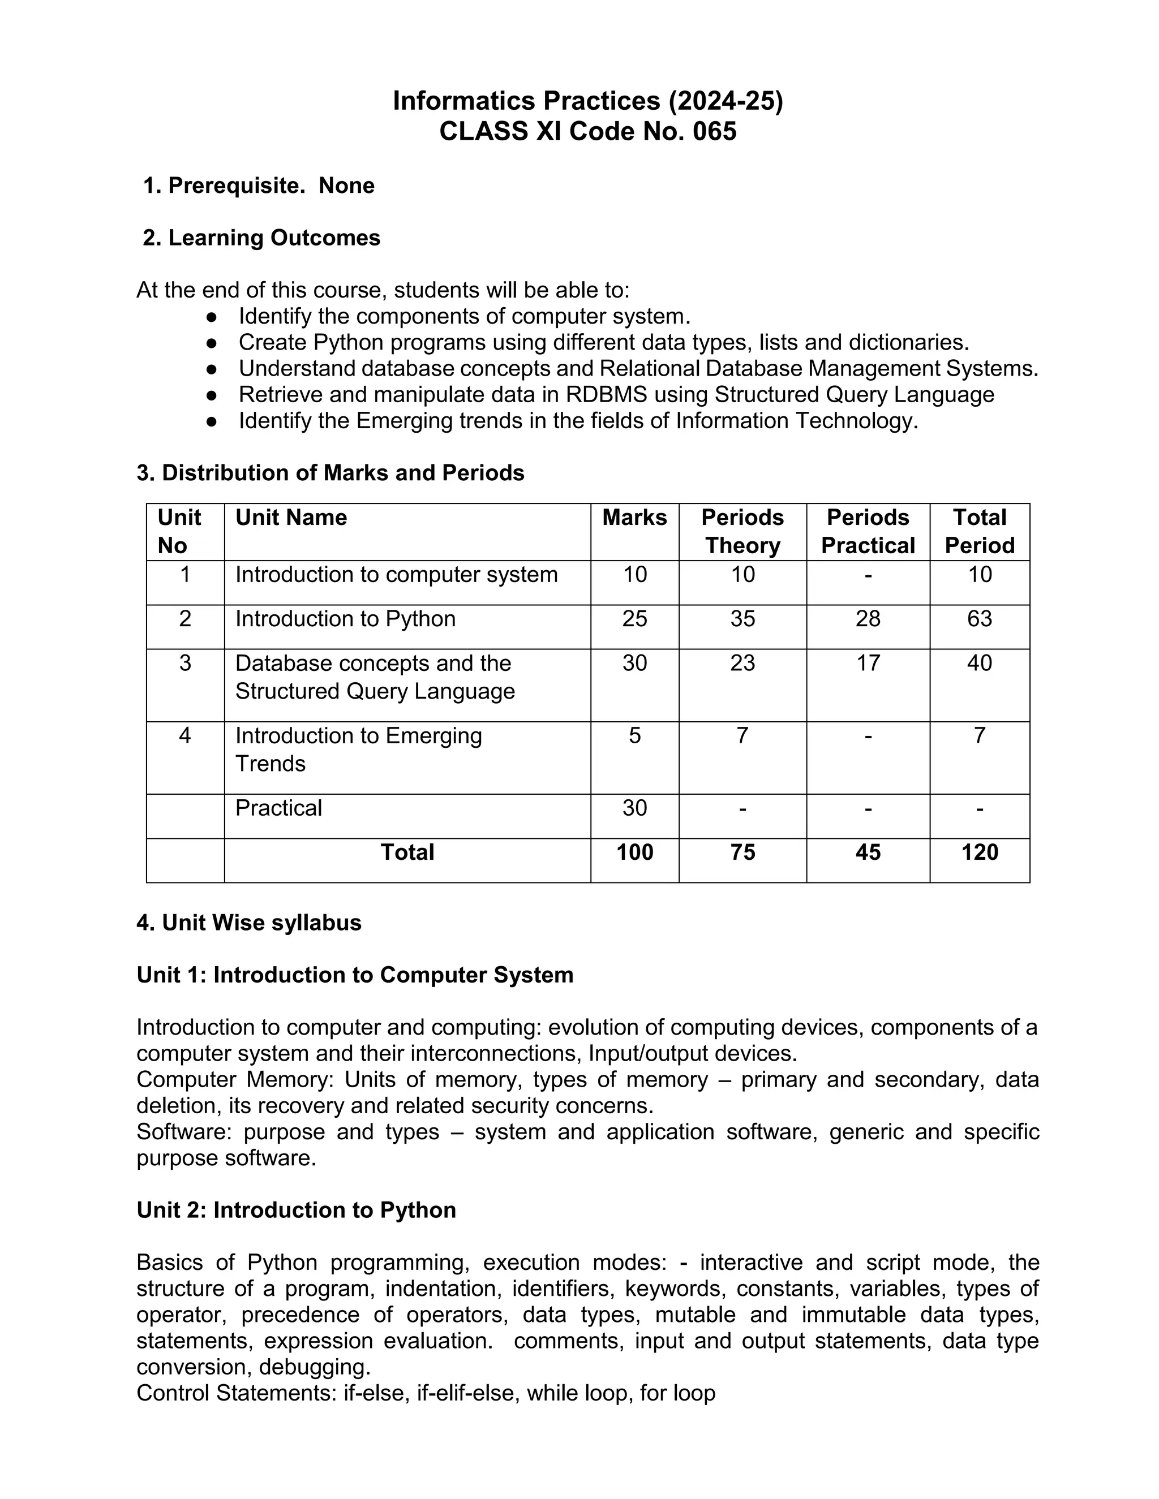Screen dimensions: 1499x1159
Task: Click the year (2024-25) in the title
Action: [726, 101]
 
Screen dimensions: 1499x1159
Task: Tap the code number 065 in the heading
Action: [714, 131]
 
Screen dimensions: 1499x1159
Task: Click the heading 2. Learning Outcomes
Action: [261, 238]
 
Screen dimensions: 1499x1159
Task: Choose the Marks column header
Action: [634, 518]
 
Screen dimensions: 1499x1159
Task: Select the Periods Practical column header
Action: [868, 531]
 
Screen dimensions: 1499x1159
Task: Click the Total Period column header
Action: [979, 531]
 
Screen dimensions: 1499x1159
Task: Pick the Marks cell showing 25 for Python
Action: [634, 619]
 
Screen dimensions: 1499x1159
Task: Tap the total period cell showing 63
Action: [979, 619]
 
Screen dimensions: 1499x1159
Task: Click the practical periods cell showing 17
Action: [868, 663]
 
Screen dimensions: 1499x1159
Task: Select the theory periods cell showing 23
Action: [742, 663]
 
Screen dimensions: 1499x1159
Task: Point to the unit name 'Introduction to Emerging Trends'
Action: [358, 750]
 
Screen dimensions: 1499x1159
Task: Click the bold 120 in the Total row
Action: [979, 852]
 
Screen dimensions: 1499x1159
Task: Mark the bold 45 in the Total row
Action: [868, 852]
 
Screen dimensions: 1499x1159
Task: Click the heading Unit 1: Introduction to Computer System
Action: [354, 975]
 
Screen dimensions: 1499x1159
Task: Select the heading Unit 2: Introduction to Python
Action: [296, 1210]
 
